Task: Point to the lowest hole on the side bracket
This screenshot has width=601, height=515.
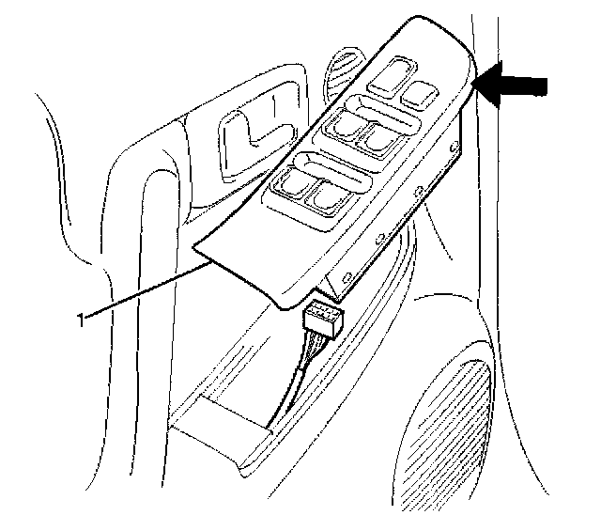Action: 348,274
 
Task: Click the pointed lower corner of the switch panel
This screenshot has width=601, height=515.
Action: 194,248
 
